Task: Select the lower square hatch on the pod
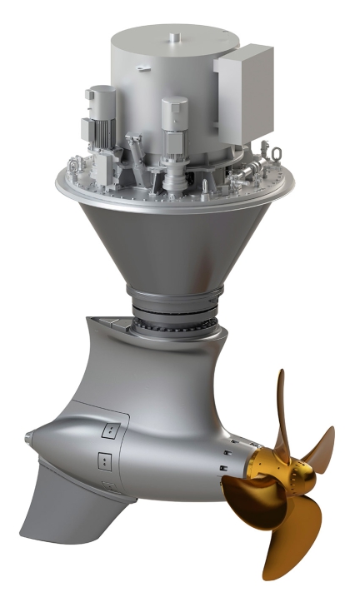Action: [x=104, y=460]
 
